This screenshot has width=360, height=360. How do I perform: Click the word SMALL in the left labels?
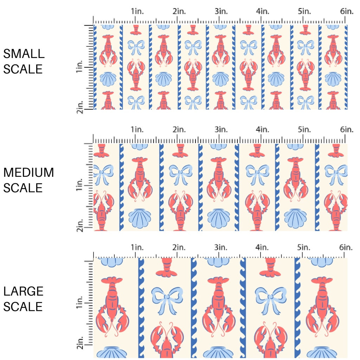pyautogui.click(x=24, y=54)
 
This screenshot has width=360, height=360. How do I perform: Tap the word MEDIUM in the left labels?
pyautogui.click(x=28, y=173)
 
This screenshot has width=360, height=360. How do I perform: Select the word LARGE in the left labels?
pyautogui.click(x=24, y=291)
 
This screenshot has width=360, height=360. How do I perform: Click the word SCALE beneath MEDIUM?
pyautogui.click(x=23, y=188)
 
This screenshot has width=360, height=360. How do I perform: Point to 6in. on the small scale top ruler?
pyautogui.click(x=346, y=11)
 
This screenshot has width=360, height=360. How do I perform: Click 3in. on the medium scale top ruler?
pyautogui.click(x=221, y=130)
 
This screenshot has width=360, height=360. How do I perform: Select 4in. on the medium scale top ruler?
pyautogui.click(x=263, y=130)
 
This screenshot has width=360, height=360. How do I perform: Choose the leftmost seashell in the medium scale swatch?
pyautogui.click(x=140, y=218)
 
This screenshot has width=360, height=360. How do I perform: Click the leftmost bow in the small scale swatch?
pyautogui.click(x=137, y=47)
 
